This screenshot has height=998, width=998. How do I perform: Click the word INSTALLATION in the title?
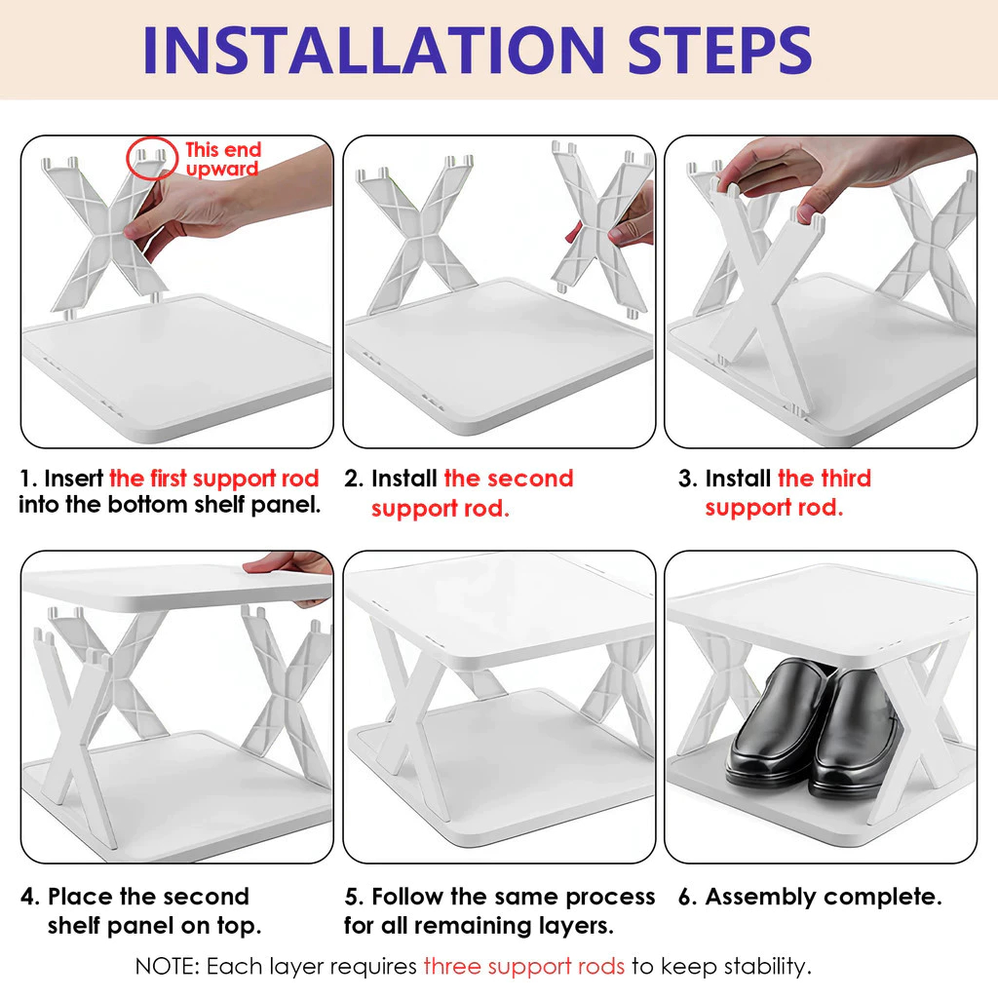(x=373, y=51)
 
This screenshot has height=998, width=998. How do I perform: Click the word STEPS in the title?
(x=720, y=51)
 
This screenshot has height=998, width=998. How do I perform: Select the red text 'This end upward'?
(x=223, y=159)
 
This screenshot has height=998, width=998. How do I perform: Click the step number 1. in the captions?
(x=28, y=479)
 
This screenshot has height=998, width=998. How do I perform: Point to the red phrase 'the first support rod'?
(x=213, y=479)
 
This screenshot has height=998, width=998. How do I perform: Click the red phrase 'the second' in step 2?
(x=509, y=479)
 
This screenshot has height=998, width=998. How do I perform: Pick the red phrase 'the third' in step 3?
(x=825, y=479)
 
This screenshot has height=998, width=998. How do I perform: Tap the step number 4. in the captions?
(x=30, y=897)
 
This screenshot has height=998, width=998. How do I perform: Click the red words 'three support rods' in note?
(x=524, y=967)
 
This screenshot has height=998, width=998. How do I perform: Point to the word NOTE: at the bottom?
(x=168, y=967)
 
